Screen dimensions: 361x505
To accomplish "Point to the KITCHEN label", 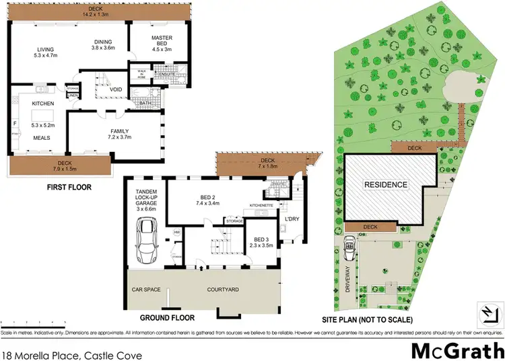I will [42, 104].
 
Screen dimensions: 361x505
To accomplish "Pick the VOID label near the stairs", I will [115, 89].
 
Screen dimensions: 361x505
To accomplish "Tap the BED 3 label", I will [262, 239].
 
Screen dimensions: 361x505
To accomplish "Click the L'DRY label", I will [292, 219].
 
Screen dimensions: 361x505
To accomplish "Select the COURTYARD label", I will [222, 289].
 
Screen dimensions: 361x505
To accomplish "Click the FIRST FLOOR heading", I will [69, 187].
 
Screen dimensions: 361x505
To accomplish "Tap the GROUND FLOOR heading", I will [166, 317].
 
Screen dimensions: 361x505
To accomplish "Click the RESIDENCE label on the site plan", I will [386, 184].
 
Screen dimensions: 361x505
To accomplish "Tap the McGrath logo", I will [457, 350].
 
